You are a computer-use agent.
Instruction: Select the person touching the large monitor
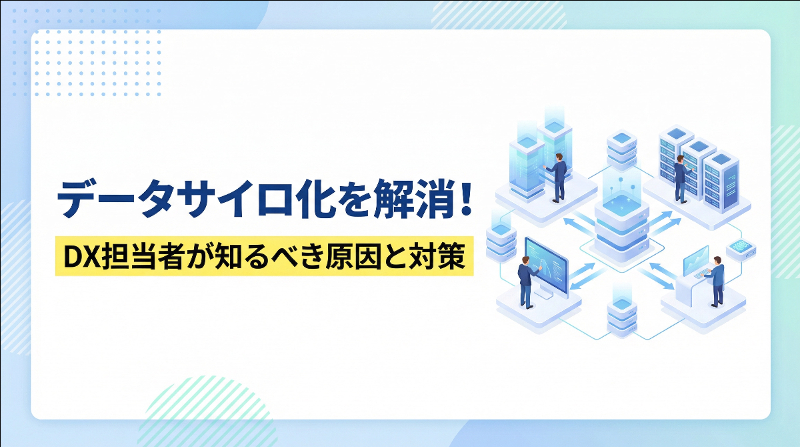coord(526,280)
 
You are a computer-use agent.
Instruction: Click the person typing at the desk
coord(716,280)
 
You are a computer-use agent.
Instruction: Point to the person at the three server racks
coord(681,177)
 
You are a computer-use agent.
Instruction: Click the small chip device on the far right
coord(741,246)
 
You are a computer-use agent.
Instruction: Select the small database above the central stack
coord(621,149)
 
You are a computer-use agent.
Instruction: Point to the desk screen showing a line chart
coord(695,260)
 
